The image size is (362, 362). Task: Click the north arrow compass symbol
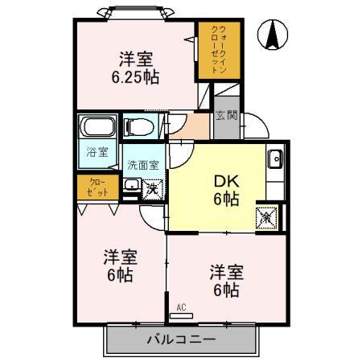[274, 33]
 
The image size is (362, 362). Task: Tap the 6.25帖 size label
[136, 76]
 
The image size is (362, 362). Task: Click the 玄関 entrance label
[226, 115]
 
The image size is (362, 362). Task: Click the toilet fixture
[140, 126]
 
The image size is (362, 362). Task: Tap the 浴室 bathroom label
[97, 151]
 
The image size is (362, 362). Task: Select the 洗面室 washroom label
[143, 165]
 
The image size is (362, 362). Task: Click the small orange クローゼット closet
[97, 188]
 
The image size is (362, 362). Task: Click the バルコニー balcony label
[180, 339]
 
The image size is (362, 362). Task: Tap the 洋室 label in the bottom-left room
[119, 257]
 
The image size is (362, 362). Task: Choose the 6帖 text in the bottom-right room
[226, 290]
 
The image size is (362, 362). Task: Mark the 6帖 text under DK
[225, 200]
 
